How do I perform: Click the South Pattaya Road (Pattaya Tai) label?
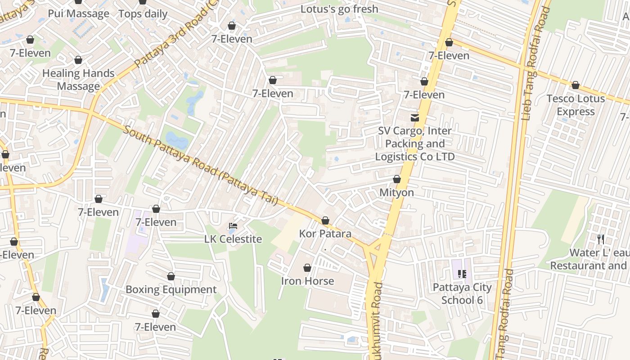pyautogui.click(x=201, y=165)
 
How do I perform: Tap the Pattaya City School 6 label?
pyautogui.click(x=462, y=293)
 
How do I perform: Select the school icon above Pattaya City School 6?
pyautogui.click(x=462, y=274)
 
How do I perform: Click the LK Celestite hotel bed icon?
pyautogui.click(x=233, y=226)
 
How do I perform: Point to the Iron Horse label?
pyautogui.click(x=307, y=281)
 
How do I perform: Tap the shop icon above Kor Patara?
pyautogui.click(x=325, y=220)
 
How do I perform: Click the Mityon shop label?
pyautogui.click(x=396, y=193)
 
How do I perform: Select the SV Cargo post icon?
pyautogui.click(x=414, y=117)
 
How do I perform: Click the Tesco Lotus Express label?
pyautogui.click(x=576, y=105)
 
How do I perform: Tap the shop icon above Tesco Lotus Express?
pyautogui.click(x=575, y=85)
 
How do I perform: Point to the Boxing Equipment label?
pyautogui.click(x=171, y=289)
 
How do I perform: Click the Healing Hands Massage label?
pyautogui.click(x=78, y=80)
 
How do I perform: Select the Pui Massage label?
pyautogui.click(x=78, y=13)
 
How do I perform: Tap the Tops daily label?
pyautogui.click(x=143, y=14)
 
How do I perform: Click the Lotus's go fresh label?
pyautogui.click(x=339, y=9)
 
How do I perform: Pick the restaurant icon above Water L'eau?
pyautogui.click(x=601, y=238)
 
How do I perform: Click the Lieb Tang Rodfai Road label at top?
pyautogui.click(x=534, y=63)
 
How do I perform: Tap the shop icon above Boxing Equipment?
pyautogui.click(x=171, y=276)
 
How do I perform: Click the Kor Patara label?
pyautogui.click(x=325, y=234)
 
